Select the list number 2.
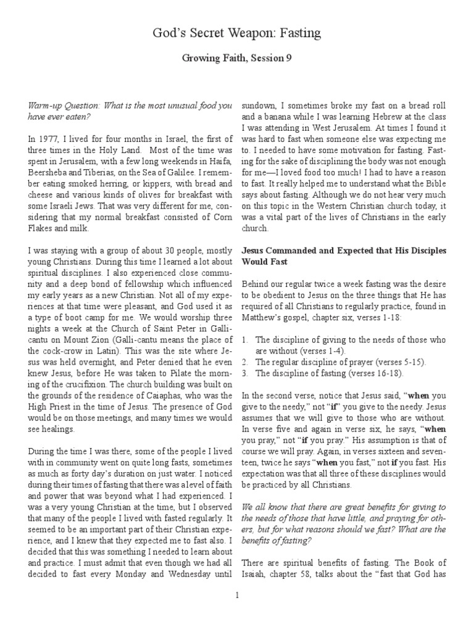(x=244, y=362)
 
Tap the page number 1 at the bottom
(x=237, y=595)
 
